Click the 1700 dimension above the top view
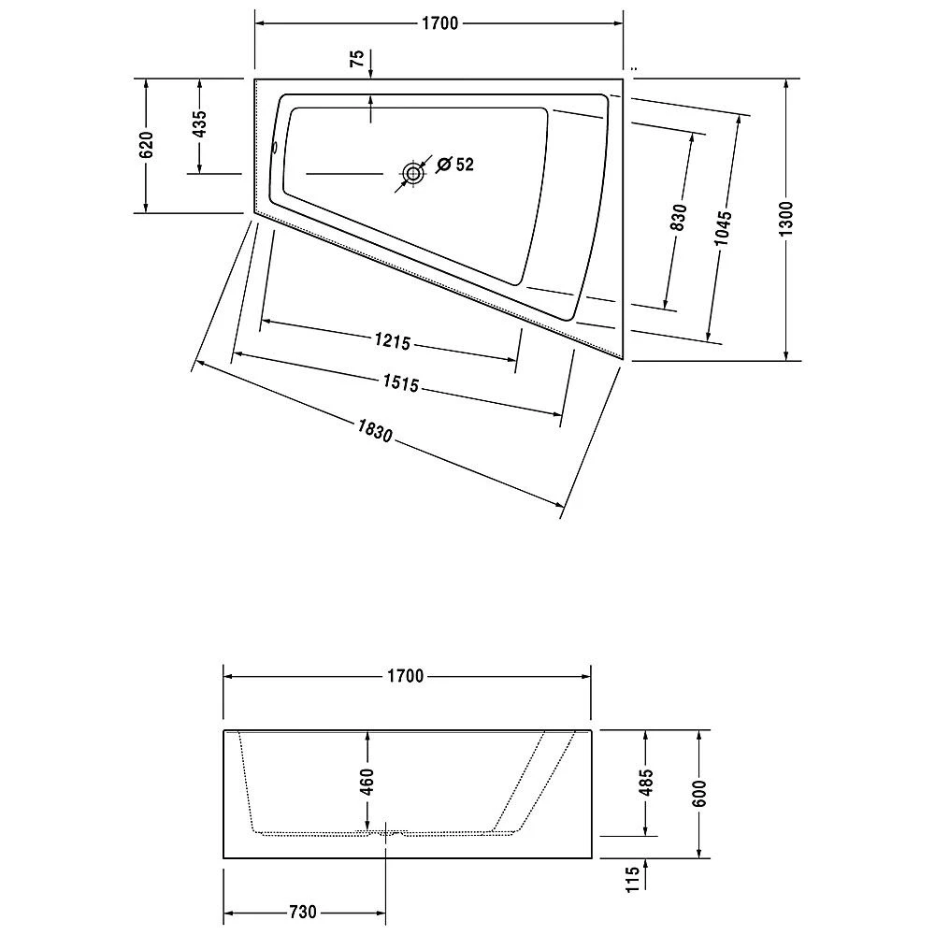pos(439,24)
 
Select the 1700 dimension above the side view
pos(406,676)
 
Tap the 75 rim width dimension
pos(356,59)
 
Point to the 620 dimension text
pos(146,146)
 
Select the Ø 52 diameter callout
pos(455,165)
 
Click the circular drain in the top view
pos(412,173)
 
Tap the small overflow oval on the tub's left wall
pos(274,147)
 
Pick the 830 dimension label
pos(679,217)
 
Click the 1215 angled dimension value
pos(393,342)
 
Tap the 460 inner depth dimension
pos(367,782)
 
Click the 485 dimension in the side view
pos(645,782)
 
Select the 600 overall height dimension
pos(700,793)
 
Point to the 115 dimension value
pos(633,879)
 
